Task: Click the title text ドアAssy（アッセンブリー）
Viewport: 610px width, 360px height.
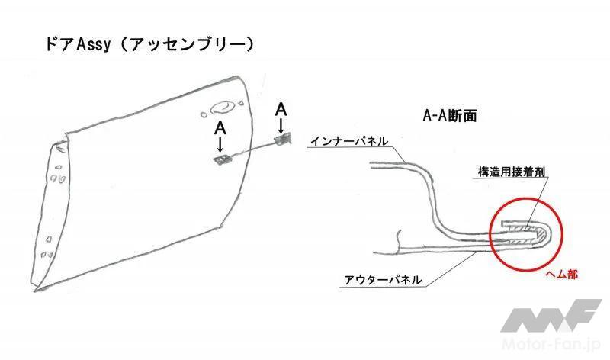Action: [149, 45]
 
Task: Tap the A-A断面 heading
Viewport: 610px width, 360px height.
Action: [450, 116]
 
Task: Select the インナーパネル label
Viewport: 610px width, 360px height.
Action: [349, 141]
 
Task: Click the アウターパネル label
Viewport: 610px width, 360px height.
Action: [383, 279]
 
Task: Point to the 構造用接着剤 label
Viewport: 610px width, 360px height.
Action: [511, 172]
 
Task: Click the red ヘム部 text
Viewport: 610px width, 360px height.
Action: [562, 275]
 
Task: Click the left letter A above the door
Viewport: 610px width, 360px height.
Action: [220, 128]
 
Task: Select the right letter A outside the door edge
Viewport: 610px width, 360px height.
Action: [281, 110]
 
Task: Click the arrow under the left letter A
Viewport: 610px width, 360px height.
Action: [220, 144]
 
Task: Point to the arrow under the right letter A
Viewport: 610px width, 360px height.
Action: [281, 125]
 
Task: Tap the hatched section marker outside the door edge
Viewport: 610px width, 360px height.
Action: [283, 140]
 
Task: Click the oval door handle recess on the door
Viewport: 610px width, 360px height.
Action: [222, 108]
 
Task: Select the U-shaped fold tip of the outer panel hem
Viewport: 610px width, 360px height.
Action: [548, 233]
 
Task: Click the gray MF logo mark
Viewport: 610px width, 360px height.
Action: [551, 315]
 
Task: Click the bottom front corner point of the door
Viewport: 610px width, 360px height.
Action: [35, 290]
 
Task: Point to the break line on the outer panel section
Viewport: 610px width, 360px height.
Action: [398, 241]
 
